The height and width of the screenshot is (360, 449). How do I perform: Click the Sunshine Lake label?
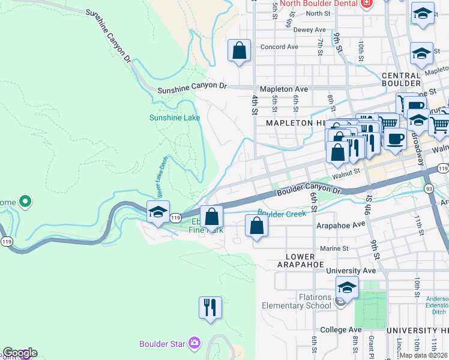[x=174, y=118]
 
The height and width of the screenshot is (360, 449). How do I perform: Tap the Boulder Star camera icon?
[x=194, y=343]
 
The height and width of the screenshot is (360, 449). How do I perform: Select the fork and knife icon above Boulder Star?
[x=210, y=308]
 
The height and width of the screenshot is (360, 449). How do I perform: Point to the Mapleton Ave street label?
[x=284, y=89]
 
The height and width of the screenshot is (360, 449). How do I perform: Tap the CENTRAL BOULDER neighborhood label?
[x=401, y=80]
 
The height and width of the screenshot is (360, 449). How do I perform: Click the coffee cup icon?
[x=395, y=139]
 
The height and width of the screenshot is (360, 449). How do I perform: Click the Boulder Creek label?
[x=282, y=212]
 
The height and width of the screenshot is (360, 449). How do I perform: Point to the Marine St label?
[x=334, y=248]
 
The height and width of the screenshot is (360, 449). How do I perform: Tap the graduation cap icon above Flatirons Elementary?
[x=346, y=287]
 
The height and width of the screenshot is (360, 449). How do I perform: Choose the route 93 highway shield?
[x=429, y=189]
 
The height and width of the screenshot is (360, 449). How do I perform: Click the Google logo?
[x=19, y=353]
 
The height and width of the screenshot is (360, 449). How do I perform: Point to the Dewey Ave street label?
[x=310, y=29]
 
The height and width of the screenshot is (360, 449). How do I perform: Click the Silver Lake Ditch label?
[x=161, y=177]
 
